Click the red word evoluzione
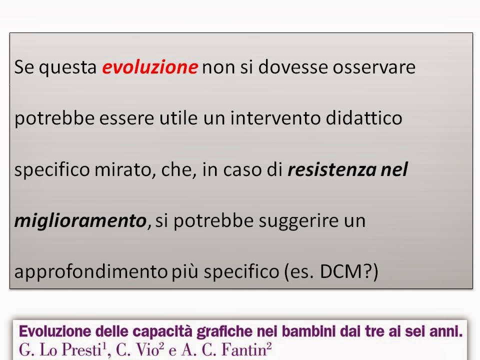(x=149, y=66)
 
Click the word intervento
(x=275, y=118)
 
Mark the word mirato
(x=123, y=169)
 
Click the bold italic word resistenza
(x=332, y=169)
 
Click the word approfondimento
(x=90, y=271)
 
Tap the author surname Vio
(x=146, y=350)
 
